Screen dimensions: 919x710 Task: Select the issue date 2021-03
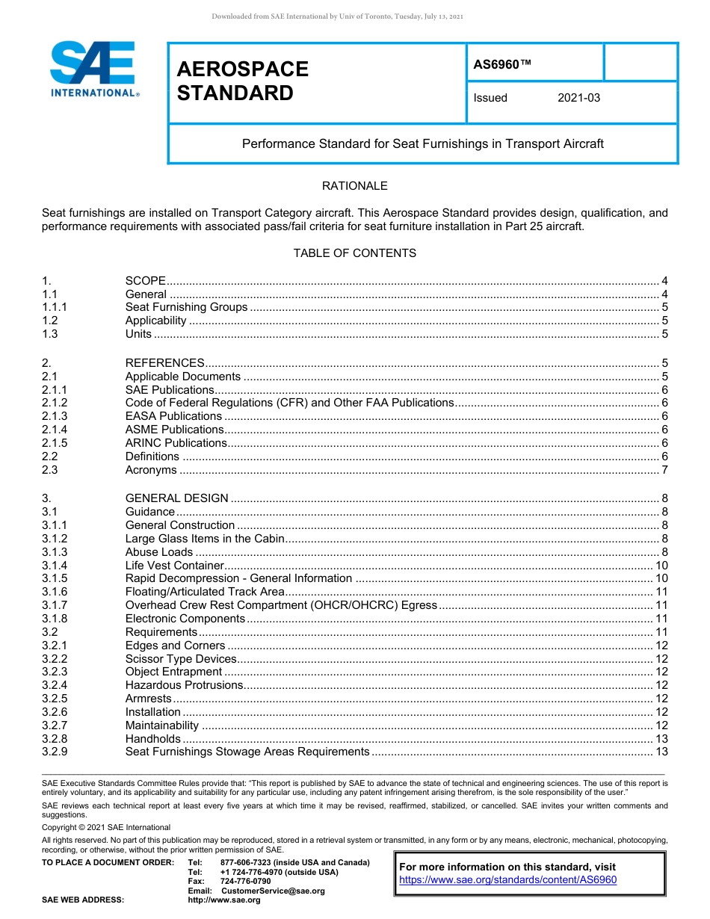coord(578,98)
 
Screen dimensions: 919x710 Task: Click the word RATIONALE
coord(354,185)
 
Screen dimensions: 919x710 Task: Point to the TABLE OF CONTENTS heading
coord(354,253)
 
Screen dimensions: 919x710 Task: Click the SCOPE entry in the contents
coord(145,281)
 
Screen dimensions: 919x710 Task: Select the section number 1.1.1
coord(55,307)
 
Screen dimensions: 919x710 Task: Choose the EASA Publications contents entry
coord(173,416)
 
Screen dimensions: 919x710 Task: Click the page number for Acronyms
coord(664,470)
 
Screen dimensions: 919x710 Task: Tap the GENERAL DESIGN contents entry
coord(176,498)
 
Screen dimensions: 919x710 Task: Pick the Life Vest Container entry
coord(174,566)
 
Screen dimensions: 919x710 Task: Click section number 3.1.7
coord(55,605)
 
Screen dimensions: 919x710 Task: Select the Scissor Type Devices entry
coord(180,659)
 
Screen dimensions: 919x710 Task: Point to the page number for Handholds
coord(661,740)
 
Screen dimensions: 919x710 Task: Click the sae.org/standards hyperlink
coord(507,880)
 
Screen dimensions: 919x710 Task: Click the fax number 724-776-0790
coord(245,882)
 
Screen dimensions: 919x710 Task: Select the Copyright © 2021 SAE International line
coord(106,827)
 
